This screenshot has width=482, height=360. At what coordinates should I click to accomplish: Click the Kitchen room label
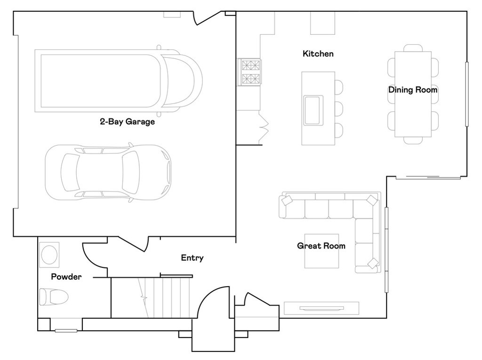tap(318, 54)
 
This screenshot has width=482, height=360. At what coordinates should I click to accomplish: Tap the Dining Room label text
tap(413, 89)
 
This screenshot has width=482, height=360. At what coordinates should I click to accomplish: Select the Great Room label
tap(321, 246)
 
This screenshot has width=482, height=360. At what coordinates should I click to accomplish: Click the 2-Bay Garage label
tap(127, 121)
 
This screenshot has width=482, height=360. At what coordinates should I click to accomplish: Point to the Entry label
tap(192, 258)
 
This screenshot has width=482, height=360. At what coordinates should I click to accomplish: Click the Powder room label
tap(66, 277)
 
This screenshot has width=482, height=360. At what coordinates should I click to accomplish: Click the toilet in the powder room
tap(53, 297)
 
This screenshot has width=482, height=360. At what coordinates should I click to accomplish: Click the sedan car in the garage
tap(108, 171)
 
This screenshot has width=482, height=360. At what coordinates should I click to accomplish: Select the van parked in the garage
tap(118, 80)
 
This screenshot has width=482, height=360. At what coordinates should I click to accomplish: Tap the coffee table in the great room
tap(321, 251)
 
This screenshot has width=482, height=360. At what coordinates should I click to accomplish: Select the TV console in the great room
tap(321, 308)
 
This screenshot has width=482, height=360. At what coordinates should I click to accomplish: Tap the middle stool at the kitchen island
tap(337, 108)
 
